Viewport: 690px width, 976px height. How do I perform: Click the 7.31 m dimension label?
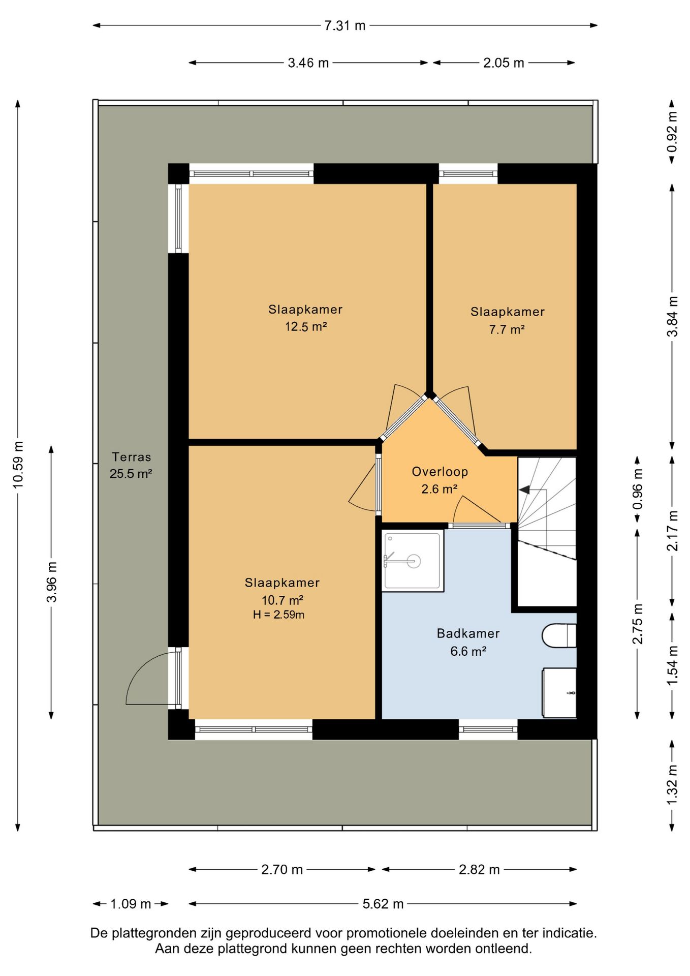pos(345,25)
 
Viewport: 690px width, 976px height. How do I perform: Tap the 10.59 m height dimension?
pos(18,465)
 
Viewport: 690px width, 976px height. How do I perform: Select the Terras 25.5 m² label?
pos(131,465)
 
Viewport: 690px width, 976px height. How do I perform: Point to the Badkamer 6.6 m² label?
pos(468,642)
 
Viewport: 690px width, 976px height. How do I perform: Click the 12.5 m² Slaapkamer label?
pos(305,318)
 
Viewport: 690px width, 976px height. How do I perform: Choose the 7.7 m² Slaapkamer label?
pos(507,320)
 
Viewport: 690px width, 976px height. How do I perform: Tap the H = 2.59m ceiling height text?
pos(278,615)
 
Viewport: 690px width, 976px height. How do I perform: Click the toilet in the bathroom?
pos(559,636)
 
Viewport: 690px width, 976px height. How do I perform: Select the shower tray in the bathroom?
pos(413,561)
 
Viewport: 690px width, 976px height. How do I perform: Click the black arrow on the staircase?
pos(524,490)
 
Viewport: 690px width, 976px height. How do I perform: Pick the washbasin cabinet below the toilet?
pos(559,692)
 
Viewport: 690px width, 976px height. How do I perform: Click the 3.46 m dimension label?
pos(308,63)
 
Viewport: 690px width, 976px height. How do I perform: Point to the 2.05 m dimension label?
pos(504,63)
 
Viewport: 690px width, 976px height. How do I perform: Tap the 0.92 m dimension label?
pos(672,132)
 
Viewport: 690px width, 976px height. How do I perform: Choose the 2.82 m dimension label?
pos(479,870)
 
